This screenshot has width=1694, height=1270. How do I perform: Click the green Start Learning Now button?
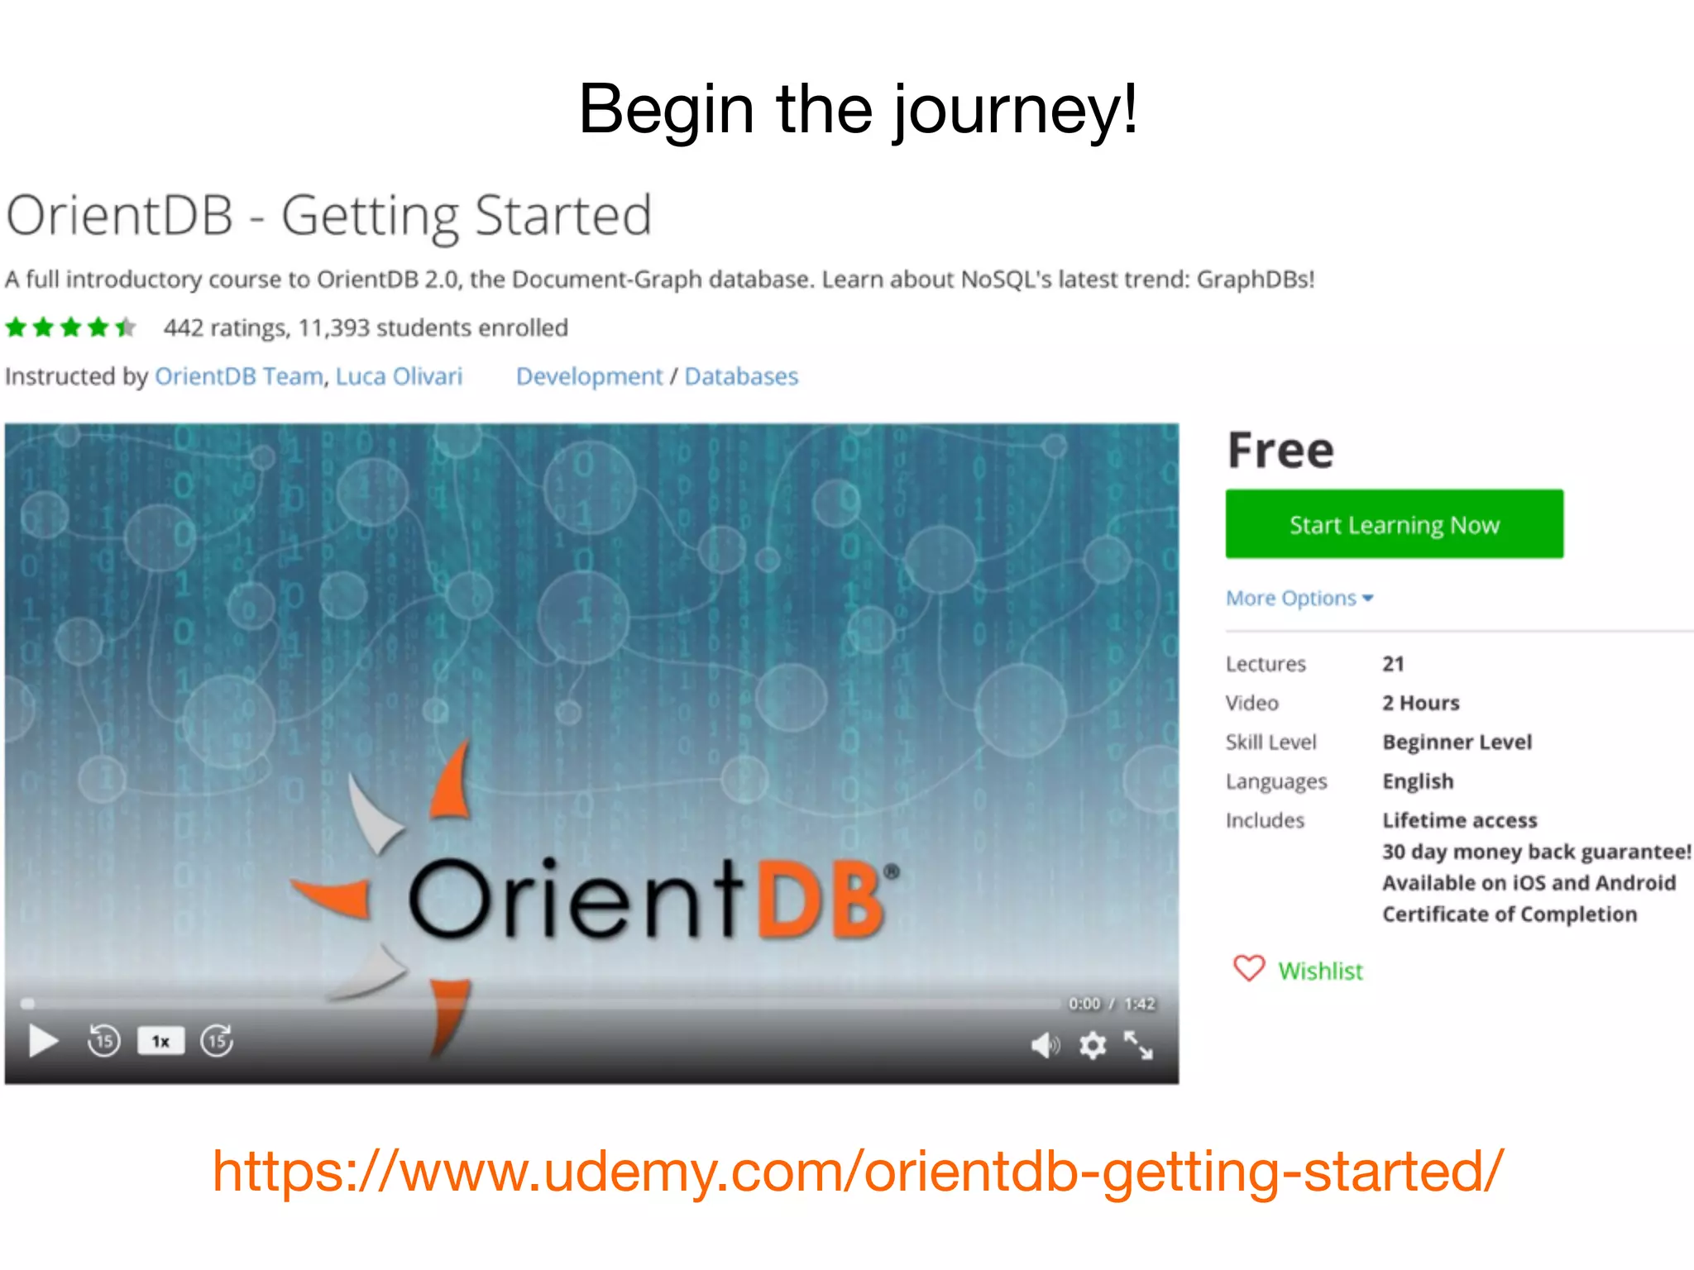1394,524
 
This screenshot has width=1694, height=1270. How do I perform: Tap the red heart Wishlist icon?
1249,968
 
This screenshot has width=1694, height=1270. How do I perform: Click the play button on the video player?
43,1041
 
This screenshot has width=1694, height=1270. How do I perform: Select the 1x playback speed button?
160,1041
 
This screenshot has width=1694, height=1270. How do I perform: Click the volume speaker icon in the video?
1044,1046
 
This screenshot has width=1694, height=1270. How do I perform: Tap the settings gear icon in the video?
1093,1046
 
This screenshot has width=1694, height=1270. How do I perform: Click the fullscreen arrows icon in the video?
1139,1046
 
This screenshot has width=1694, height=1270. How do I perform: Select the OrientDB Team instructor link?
238,376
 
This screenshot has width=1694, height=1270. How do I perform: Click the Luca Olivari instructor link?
399,376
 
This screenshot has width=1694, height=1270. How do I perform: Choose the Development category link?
589,376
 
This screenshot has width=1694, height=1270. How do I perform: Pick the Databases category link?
741,376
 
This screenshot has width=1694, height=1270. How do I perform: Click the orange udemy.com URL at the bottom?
857,1171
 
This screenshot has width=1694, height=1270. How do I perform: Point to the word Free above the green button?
1280,451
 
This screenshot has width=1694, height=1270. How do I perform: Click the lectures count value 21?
1393,664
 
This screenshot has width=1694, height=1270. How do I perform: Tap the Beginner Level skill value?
1457,742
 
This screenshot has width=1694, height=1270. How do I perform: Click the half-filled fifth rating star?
126,328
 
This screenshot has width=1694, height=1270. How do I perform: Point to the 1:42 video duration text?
1139,1004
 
